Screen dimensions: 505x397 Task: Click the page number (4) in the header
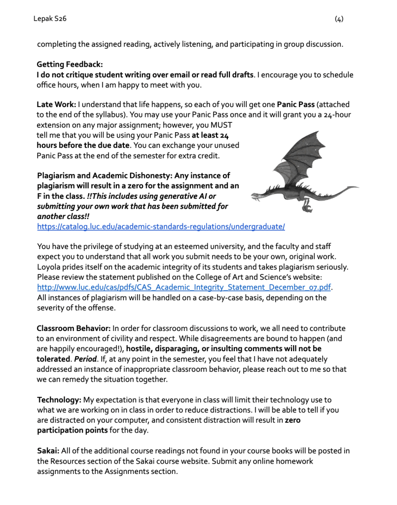tap(339, 19)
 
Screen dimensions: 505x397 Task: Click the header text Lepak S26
tap(50, 19)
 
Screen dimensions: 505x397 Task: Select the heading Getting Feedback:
tap(70, 65)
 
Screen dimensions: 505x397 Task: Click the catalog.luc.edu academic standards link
tap(161, 226)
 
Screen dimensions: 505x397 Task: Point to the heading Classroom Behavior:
tap(73, 328)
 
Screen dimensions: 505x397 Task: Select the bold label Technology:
tap(59, 399)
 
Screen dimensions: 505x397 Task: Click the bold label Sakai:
tap(48, 451)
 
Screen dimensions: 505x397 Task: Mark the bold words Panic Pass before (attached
tap(295, 105)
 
